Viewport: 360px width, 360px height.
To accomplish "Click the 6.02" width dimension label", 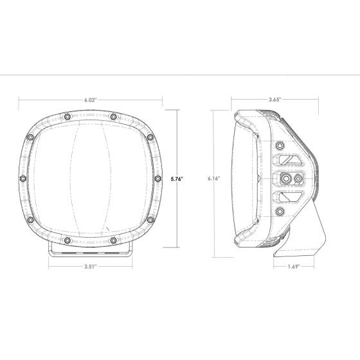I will point(91,100).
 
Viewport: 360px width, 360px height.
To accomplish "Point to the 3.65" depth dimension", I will point(274,100).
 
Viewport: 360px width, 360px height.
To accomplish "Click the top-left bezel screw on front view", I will point(66,116).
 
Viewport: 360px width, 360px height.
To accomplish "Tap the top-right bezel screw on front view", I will point(113,116).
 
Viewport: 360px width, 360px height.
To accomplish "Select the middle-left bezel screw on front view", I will point(22,177).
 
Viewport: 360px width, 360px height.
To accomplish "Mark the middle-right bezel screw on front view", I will point(157,177).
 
